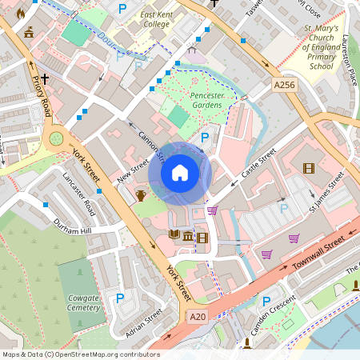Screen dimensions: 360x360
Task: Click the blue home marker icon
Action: click(180, 172)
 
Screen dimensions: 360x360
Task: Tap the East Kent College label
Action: click(144, 20)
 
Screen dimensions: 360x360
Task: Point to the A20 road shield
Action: click(198, 318)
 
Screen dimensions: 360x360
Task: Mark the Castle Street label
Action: click(258, 162)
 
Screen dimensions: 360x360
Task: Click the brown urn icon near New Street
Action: click(141, 196)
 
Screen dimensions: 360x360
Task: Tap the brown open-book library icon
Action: click(174, 235)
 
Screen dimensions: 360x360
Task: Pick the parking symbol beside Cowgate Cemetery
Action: click(121, 298)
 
